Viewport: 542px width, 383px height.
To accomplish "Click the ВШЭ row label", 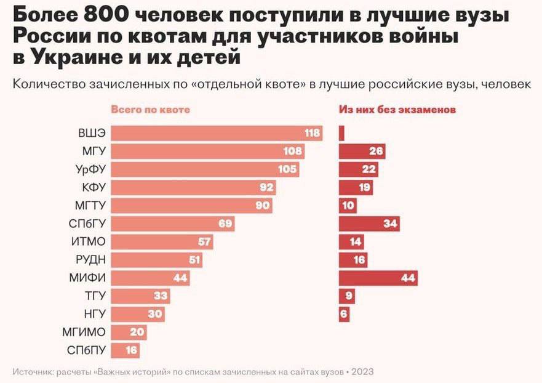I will point(92,134).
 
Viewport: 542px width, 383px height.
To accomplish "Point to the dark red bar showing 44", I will point(378,278).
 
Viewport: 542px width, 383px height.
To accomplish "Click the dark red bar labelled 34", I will point(369,224).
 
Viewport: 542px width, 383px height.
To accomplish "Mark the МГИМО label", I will point(84,333).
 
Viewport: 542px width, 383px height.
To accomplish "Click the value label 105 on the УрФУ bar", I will point(287,169).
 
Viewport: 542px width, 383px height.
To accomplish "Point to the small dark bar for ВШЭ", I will point(341,134).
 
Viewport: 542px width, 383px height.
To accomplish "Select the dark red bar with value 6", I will point(344,314).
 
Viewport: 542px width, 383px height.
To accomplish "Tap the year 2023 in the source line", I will point(363,372).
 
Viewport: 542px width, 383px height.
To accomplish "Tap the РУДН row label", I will point(90,260).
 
